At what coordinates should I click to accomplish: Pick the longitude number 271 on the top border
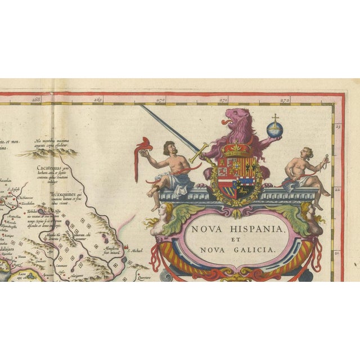coord(223,101)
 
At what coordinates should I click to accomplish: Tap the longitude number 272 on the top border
coord(285,101)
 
